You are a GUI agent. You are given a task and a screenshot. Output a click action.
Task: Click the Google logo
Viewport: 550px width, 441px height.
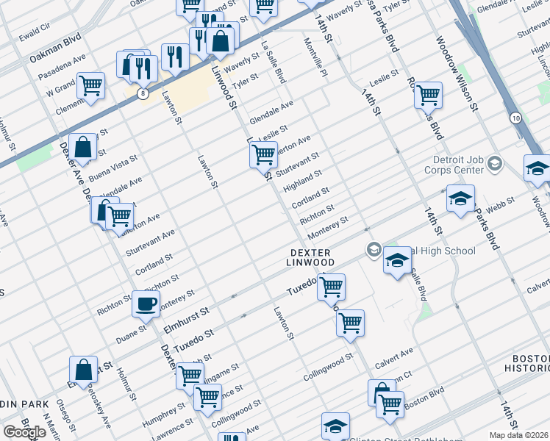(24, 432)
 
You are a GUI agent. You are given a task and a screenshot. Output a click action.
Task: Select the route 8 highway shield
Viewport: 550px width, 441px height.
(142, 93)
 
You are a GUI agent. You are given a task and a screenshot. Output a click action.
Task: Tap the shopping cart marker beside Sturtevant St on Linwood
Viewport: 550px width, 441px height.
(262, 154)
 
